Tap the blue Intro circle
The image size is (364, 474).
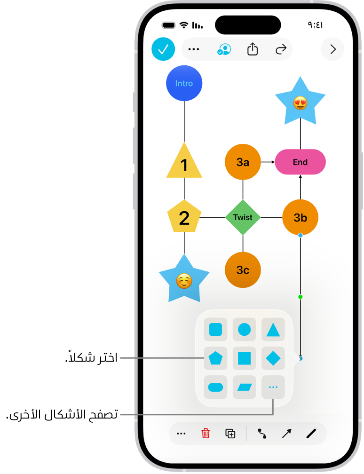tap(184, 83)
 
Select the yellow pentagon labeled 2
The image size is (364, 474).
tap(184, 217)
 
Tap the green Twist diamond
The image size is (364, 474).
tap(243, 217)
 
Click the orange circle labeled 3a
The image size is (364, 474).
tap(243, 162)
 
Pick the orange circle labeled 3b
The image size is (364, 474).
tap(300, 217)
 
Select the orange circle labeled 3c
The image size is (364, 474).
tap(243, 270)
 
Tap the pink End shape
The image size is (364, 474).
tap(300, 162)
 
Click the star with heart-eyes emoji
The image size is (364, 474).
tap(300, 103)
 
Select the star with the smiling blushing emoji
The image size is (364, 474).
tap(184, 281)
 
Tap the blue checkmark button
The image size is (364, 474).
tap(163, 49)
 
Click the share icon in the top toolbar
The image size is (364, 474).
tap(253, 49)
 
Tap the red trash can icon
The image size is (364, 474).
tap(206, 434)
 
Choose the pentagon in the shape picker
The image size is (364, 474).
tap(215, 358)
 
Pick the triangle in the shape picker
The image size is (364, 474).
tap(273, 330)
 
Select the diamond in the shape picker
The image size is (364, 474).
tap(273, 358)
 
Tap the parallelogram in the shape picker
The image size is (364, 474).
tap(244, 387)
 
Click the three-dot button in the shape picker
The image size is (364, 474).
tap(273, 387)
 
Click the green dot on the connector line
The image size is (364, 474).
tap(300, 297)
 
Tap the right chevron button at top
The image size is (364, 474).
tap(332, 49)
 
